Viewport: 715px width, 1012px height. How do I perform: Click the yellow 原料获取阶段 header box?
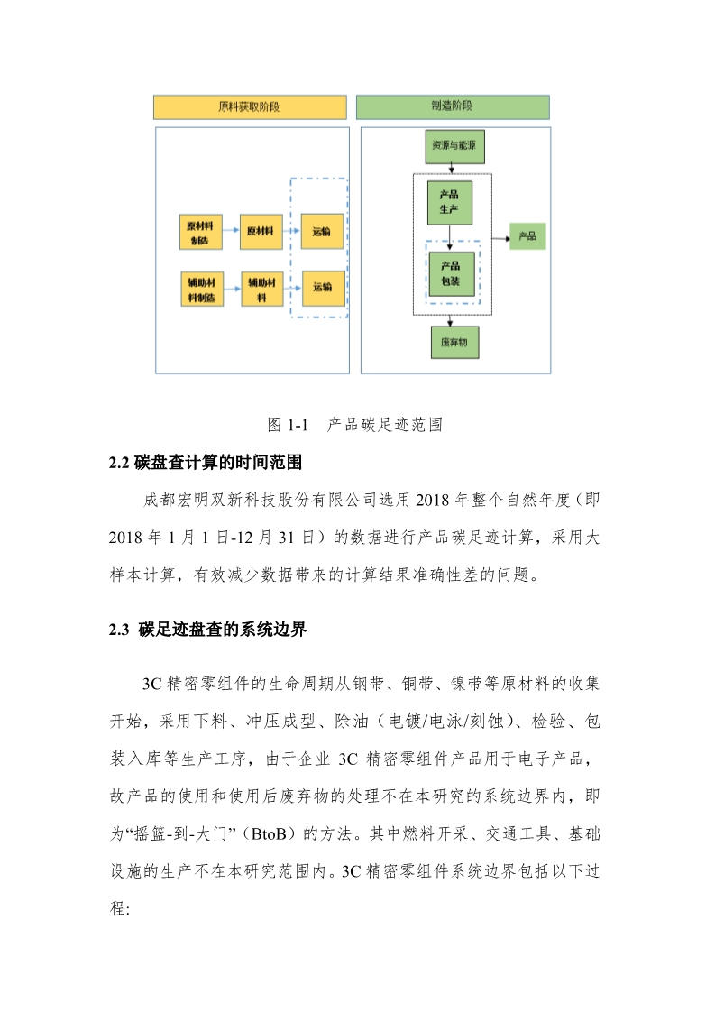[x=251, y=106]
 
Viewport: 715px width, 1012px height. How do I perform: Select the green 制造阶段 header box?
[x=453, y=106]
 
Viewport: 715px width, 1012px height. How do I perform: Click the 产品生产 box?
[x=449, y=202]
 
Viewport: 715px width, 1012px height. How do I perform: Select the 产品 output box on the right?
[x=527, y=236]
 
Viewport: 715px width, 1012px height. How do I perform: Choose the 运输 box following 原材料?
[x=322, y=233]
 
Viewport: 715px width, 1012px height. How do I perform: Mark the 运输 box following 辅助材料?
[x=322, y=288]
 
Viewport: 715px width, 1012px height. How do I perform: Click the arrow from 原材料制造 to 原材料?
[x=230, y=233]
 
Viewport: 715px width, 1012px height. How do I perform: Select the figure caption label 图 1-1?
[x=289, y=423]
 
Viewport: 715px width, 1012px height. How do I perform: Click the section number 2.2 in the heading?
[x=120, y=464]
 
